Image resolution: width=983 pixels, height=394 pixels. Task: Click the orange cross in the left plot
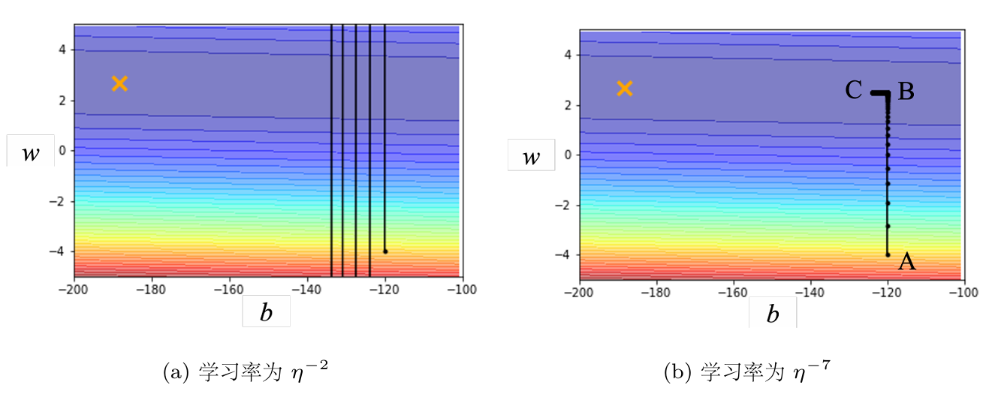[x=119, y=83]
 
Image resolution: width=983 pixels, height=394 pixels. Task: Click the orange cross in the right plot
[x=625, y=89]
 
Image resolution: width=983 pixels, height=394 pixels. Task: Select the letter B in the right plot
[x=906, y=92]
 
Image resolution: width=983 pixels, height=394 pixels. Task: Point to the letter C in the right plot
[x=854, y=90]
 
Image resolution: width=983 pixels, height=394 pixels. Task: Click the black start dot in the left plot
[x=385, y=251]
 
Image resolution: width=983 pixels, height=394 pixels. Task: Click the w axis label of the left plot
[x=31, y=153]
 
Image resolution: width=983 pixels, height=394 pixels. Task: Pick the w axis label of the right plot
[x=531, y=157]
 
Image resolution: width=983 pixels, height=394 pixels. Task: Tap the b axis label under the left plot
[x=266, y=312]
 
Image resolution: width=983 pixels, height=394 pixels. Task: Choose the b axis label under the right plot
[x=773, y=314]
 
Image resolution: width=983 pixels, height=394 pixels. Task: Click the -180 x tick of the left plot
[x=152, y=290]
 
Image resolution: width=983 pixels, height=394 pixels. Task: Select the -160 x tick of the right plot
[x=733, y=292]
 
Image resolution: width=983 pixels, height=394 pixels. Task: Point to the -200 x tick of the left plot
[x=74, y=290]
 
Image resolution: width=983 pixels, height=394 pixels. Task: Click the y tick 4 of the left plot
[x=62, y=50]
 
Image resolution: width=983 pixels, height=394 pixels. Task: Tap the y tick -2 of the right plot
[x=563, y=206]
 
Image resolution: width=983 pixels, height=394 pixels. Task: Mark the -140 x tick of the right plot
[x=810, y=292]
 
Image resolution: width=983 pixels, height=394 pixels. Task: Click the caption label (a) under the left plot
[x=176, y=372]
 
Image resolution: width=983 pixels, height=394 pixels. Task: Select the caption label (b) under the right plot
[x=678, y=372]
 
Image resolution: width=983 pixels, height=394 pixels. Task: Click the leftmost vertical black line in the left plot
[x=331, y=151]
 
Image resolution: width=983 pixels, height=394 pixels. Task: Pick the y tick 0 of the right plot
[x=568, y=155]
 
